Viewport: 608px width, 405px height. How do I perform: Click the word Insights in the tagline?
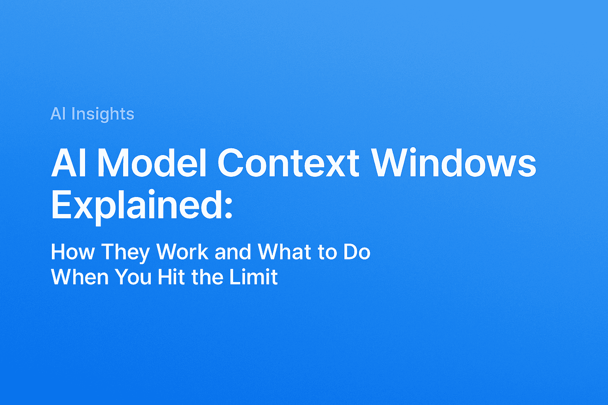[103, 114]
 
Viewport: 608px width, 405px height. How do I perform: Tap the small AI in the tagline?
[58, 114]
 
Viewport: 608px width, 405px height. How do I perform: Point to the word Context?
[288, 163]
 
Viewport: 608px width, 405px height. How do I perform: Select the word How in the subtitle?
[73, 252]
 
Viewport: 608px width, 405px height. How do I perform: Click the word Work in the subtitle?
[182, 252]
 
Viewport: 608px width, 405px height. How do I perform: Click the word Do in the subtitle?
[357, 252]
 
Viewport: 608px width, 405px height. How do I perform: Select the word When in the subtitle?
[80, 277]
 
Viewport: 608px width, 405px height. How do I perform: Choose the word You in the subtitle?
[133, 277]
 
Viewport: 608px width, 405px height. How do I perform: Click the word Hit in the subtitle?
[171, 277]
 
